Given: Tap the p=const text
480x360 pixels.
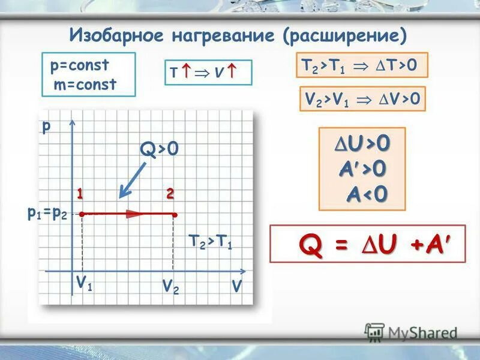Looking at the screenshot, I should click(x=79, y=65).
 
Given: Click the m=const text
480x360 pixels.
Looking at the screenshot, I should click(x=85, y=85).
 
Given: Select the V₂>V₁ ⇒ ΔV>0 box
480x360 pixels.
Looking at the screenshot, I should click(x=362, y=100).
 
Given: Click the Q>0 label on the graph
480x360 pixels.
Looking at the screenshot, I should click(x=159, y=148).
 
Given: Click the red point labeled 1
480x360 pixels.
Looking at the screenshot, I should click(x=81, y=213).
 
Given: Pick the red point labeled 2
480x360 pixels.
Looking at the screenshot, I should click(x=174, y=214).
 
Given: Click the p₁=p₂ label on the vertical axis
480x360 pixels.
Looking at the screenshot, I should click(x=47, y=213).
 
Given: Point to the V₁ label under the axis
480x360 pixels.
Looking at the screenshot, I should click(x=84, y=283).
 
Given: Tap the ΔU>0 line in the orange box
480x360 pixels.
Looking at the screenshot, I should click(x=362, y=143).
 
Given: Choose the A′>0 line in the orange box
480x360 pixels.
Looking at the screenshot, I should click(x=362, y=169).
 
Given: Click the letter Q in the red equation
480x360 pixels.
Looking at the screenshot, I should click(x=310, y=244).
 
